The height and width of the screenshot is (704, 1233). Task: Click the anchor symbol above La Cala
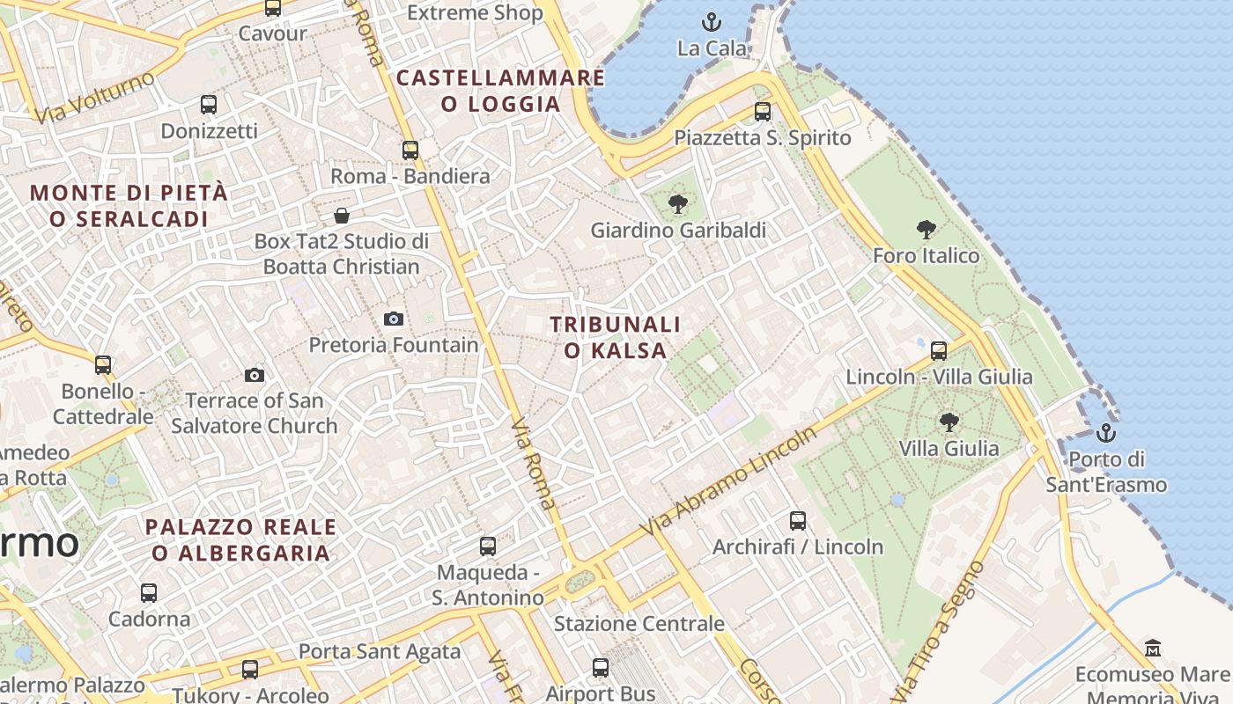pyautogui.click(x=711, y=21)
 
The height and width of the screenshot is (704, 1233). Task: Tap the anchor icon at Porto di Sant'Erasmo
pyautogui.click(x=1105, y=433)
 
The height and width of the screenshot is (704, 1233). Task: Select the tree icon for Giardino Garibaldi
pyautogui.click(x=677, y=205)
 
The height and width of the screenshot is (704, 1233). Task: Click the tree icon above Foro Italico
pyautogui.click(x=926, y=231)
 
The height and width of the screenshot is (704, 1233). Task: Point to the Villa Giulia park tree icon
pyautogui.click(x=949, y=422)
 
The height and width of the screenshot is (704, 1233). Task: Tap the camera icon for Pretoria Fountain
pyautogui.click(x=394, y=319)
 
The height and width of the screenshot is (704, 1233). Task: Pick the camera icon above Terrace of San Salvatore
pyautogui.click(x=255, y=376)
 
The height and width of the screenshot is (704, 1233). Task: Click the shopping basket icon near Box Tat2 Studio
pyautogui.click(x=342, y=216)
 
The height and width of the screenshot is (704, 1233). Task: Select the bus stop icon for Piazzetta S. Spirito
pyautogui.click(x=763, y=112)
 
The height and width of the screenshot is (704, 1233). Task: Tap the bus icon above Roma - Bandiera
pyautogui.click(x=410, y=150)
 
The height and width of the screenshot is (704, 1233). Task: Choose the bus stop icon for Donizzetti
pyautogui.click(x=209, y=105)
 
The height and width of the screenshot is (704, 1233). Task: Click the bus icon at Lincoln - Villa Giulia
pyautogui.click(x=939, y=351)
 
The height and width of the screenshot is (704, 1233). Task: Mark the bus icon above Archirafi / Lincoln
pyautogui.click(x=798, y=521)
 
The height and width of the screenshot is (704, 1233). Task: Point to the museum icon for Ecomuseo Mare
pyautogui.click(x=1153, y=649)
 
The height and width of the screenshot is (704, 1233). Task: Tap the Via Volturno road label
pyautogui.click(x=94, y=98)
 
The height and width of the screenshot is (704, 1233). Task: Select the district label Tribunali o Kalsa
pyautogui.click(x=616, y=337)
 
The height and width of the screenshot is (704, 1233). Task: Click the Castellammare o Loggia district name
pyautogui.click(x=500, y=91)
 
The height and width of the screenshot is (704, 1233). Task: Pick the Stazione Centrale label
pyautogui.click(x=639, y=624)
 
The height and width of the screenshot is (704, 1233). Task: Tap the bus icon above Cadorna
pyautogui.click(x=149, y=593)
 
